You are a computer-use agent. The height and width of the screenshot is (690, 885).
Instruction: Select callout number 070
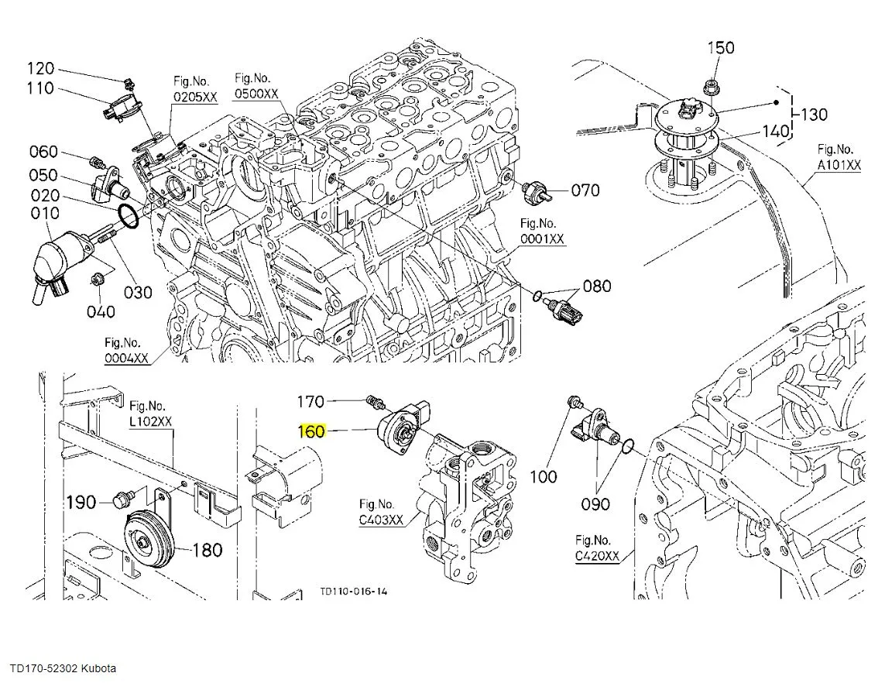(x=585, y=190)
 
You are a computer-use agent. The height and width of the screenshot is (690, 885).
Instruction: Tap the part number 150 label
(x=721, y=48)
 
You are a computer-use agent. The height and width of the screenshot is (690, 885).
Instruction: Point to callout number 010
(x=45, y=213)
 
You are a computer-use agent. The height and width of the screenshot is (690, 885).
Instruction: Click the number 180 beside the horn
(x=207, y=551)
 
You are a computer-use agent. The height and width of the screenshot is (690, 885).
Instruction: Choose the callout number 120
(x=41, y=67)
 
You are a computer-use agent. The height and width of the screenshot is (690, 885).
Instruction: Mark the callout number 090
(x=595, y=504)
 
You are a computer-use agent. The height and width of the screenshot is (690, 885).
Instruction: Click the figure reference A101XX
(x=839, y=165)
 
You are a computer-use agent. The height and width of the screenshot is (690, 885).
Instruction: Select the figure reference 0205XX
(x=195, y=98)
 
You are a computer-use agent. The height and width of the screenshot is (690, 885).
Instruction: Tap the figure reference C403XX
(x=381, y=520)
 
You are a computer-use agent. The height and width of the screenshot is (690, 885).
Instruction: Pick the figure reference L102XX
(x=151, y=422)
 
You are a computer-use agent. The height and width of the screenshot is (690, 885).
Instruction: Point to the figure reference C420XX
(x=597, y=556)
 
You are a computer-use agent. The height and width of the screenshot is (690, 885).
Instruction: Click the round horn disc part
(x=148, y=544)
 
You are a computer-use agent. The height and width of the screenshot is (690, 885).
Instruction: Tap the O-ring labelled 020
(x=129, y=218)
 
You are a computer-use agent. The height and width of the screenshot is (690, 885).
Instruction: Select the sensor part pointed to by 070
(x=537, y=191)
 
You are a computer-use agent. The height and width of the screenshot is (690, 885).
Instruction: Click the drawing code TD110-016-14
(x=354, y=592)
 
